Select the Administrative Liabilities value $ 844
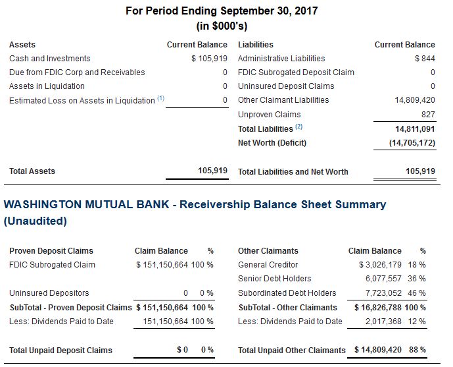click(425, 59)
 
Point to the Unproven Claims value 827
click(427, 115)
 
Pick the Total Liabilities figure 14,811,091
click(412, 129)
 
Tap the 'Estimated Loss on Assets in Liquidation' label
click(82, 101)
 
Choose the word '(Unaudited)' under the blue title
click(36, 221)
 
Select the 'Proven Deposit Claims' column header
click(51, 251)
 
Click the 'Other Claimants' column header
click(268, 251)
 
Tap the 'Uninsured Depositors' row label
click(49, 293)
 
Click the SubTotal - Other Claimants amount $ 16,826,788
click(377, 308)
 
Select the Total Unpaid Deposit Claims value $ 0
click(183, 350)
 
